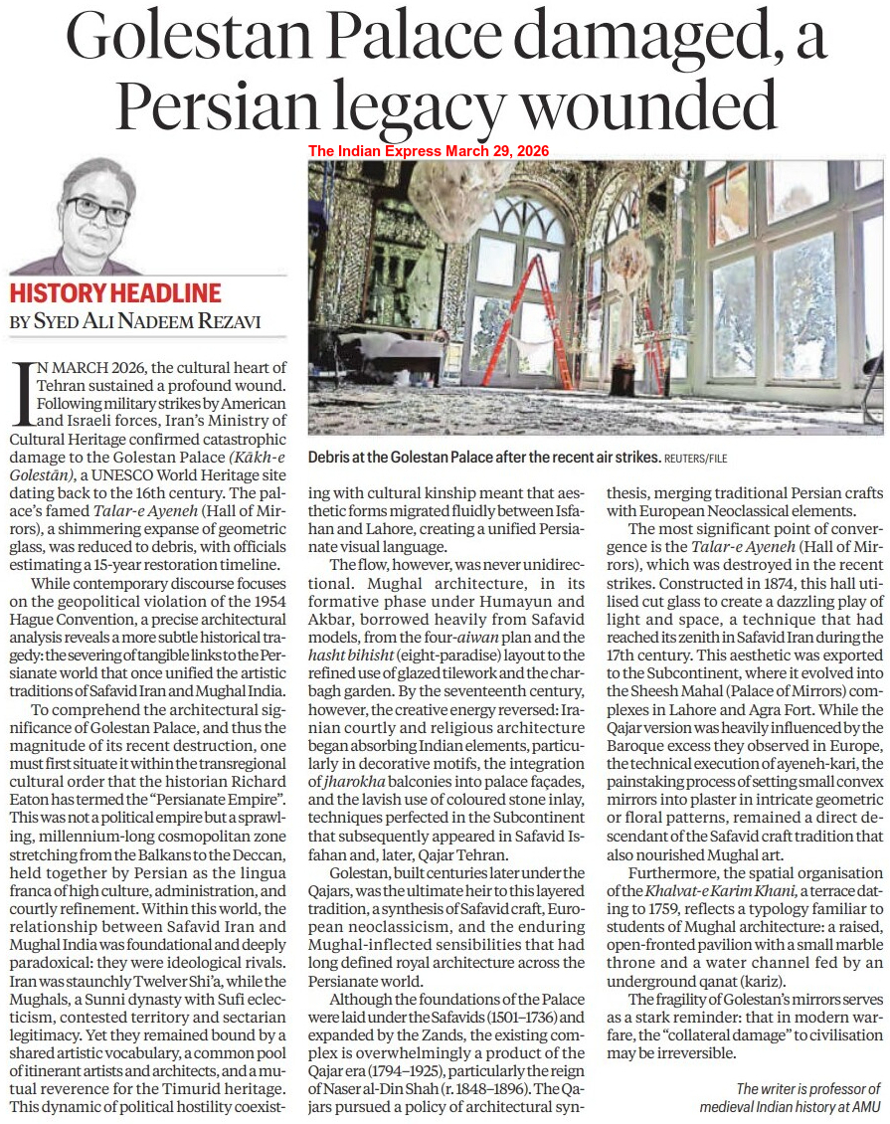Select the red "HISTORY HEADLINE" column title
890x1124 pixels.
coord(115,293)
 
